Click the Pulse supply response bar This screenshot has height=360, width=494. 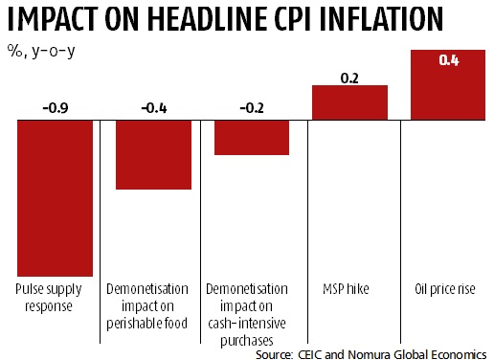[55, 198]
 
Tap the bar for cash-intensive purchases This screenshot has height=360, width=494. [252, 138]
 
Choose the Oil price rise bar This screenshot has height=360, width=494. [447, 85]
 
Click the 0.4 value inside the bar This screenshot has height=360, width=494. [447, 60]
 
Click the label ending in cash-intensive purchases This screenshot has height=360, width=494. [252, 314]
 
